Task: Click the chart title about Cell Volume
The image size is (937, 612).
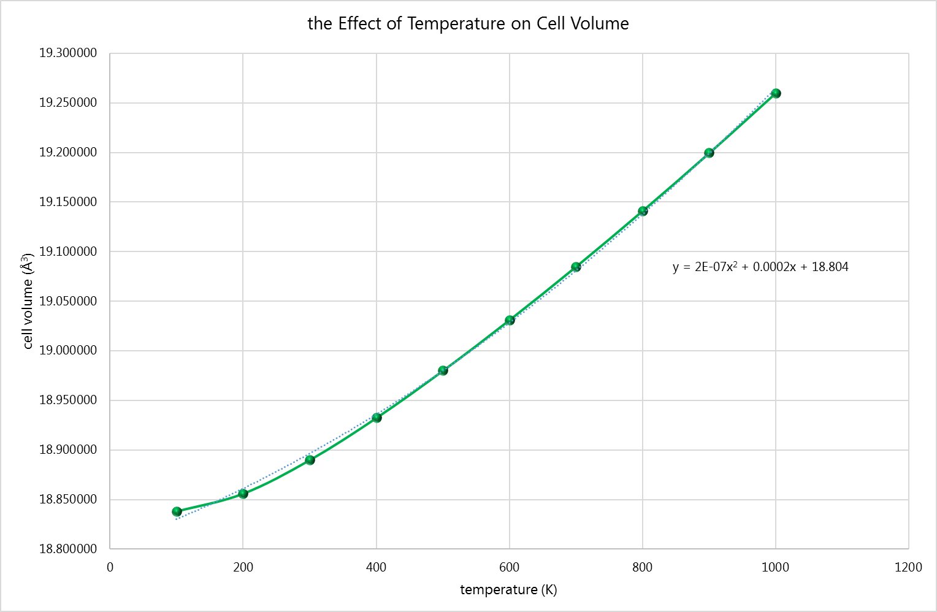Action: (468, 24)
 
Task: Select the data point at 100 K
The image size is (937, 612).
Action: (177, 511)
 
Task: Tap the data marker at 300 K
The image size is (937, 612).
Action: (310, 460)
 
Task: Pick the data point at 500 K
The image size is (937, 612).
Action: (443, 370)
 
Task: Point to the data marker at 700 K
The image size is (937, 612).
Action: (576, 267)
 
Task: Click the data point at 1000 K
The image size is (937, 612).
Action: (776, 93)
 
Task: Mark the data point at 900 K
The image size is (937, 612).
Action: (709, 153)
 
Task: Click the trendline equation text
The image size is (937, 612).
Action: (760, 267)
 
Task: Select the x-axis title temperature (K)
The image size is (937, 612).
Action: (508, 590)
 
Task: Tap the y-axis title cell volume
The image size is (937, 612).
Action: (28, 300)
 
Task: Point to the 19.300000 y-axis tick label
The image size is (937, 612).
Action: (68, 53)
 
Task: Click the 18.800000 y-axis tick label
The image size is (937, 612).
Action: (68, 549)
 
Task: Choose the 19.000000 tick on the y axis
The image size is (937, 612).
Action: (68, 351)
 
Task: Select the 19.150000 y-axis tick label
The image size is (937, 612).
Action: (68, 202)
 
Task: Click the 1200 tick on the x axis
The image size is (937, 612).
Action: (908, 567)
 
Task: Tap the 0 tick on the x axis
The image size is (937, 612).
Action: (110, 567)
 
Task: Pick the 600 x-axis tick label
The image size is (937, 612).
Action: (510, 567)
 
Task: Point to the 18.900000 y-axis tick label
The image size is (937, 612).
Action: (68, 450)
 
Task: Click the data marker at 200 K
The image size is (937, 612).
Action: (243, 494)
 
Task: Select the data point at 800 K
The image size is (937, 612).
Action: (643, 211)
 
